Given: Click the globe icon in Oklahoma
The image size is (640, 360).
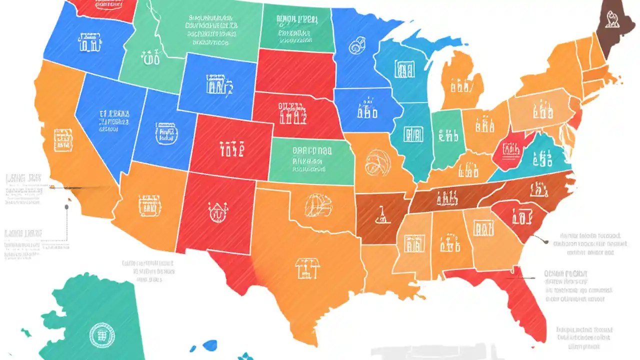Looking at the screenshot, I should [x=317, y=204].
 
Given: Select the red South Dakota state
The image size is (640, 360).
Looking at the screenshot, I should [x=295, y=72].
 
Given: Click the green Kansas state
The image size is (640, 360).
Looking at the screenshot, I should [x=310, y=160].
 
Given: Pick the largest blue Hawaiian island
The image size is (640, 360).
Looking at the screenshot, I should [x=210, y=345].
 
